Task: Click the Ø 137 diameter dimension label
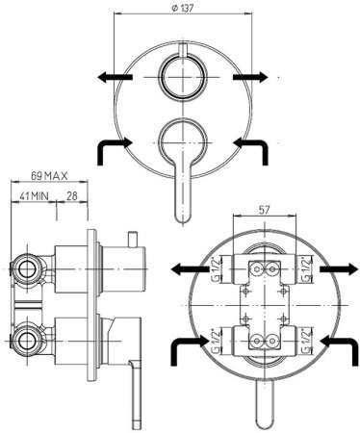click(x=183, y=9)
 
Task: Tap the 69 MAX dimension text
click(x=49, y=176)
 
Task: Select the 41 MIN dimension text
click(x=34, y=196)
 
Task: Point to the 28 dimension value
click(x=72, y=196)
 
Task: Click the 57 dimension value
click(x=264, y=210)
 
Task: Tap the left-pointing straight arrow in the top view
click(x=116, y=77)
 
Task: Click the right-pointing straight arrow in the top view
click(x=250, y=77)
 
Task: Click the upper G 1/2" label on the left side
click(x=217, y=269)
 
